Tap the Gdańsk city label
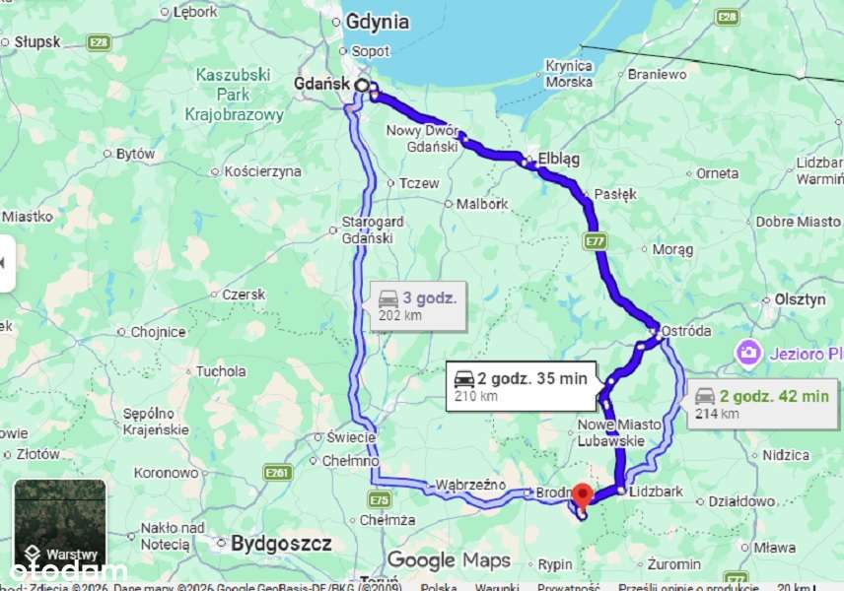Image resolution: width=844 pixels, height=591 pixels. coord(321,85)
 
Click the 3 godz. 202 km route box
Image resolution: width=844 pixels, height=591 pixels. coord(416,305)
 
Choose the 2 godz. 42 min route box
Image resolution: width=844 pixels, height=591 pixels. coord(761,404)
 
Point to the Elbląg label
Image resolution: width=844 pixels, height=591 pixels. coord(559,159)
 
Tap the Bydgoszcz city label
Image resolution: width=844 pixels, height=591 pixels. coord(280,543)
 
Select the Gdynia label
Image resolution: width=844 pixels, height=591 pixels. coord(377,22)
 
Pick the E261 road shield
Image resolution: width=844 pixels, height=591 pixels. coord(278,474)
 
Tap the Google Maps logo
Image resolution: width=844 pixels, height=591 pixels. coord(449,560)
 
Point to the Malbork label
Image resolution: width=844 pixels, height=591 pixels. coord(483,204)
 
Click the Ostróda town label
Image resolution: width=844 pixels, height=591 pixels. coord(686,331)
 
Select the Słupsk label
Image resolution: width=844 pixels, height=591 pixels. coord(36,42)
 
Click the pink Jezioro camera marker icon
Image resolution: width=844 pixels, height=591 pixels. coord(748,352)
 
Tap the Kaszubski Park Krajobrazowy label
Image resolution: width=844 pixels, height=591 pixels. coord(235,95)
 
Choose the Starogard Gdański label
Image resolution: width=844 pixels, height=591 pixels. coord(368,230)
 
